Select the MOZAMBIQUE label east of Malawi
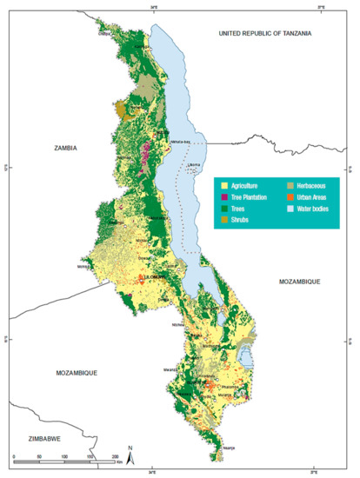301,283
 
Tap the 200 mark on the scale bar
115,456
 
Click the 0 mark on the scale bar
15,456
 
